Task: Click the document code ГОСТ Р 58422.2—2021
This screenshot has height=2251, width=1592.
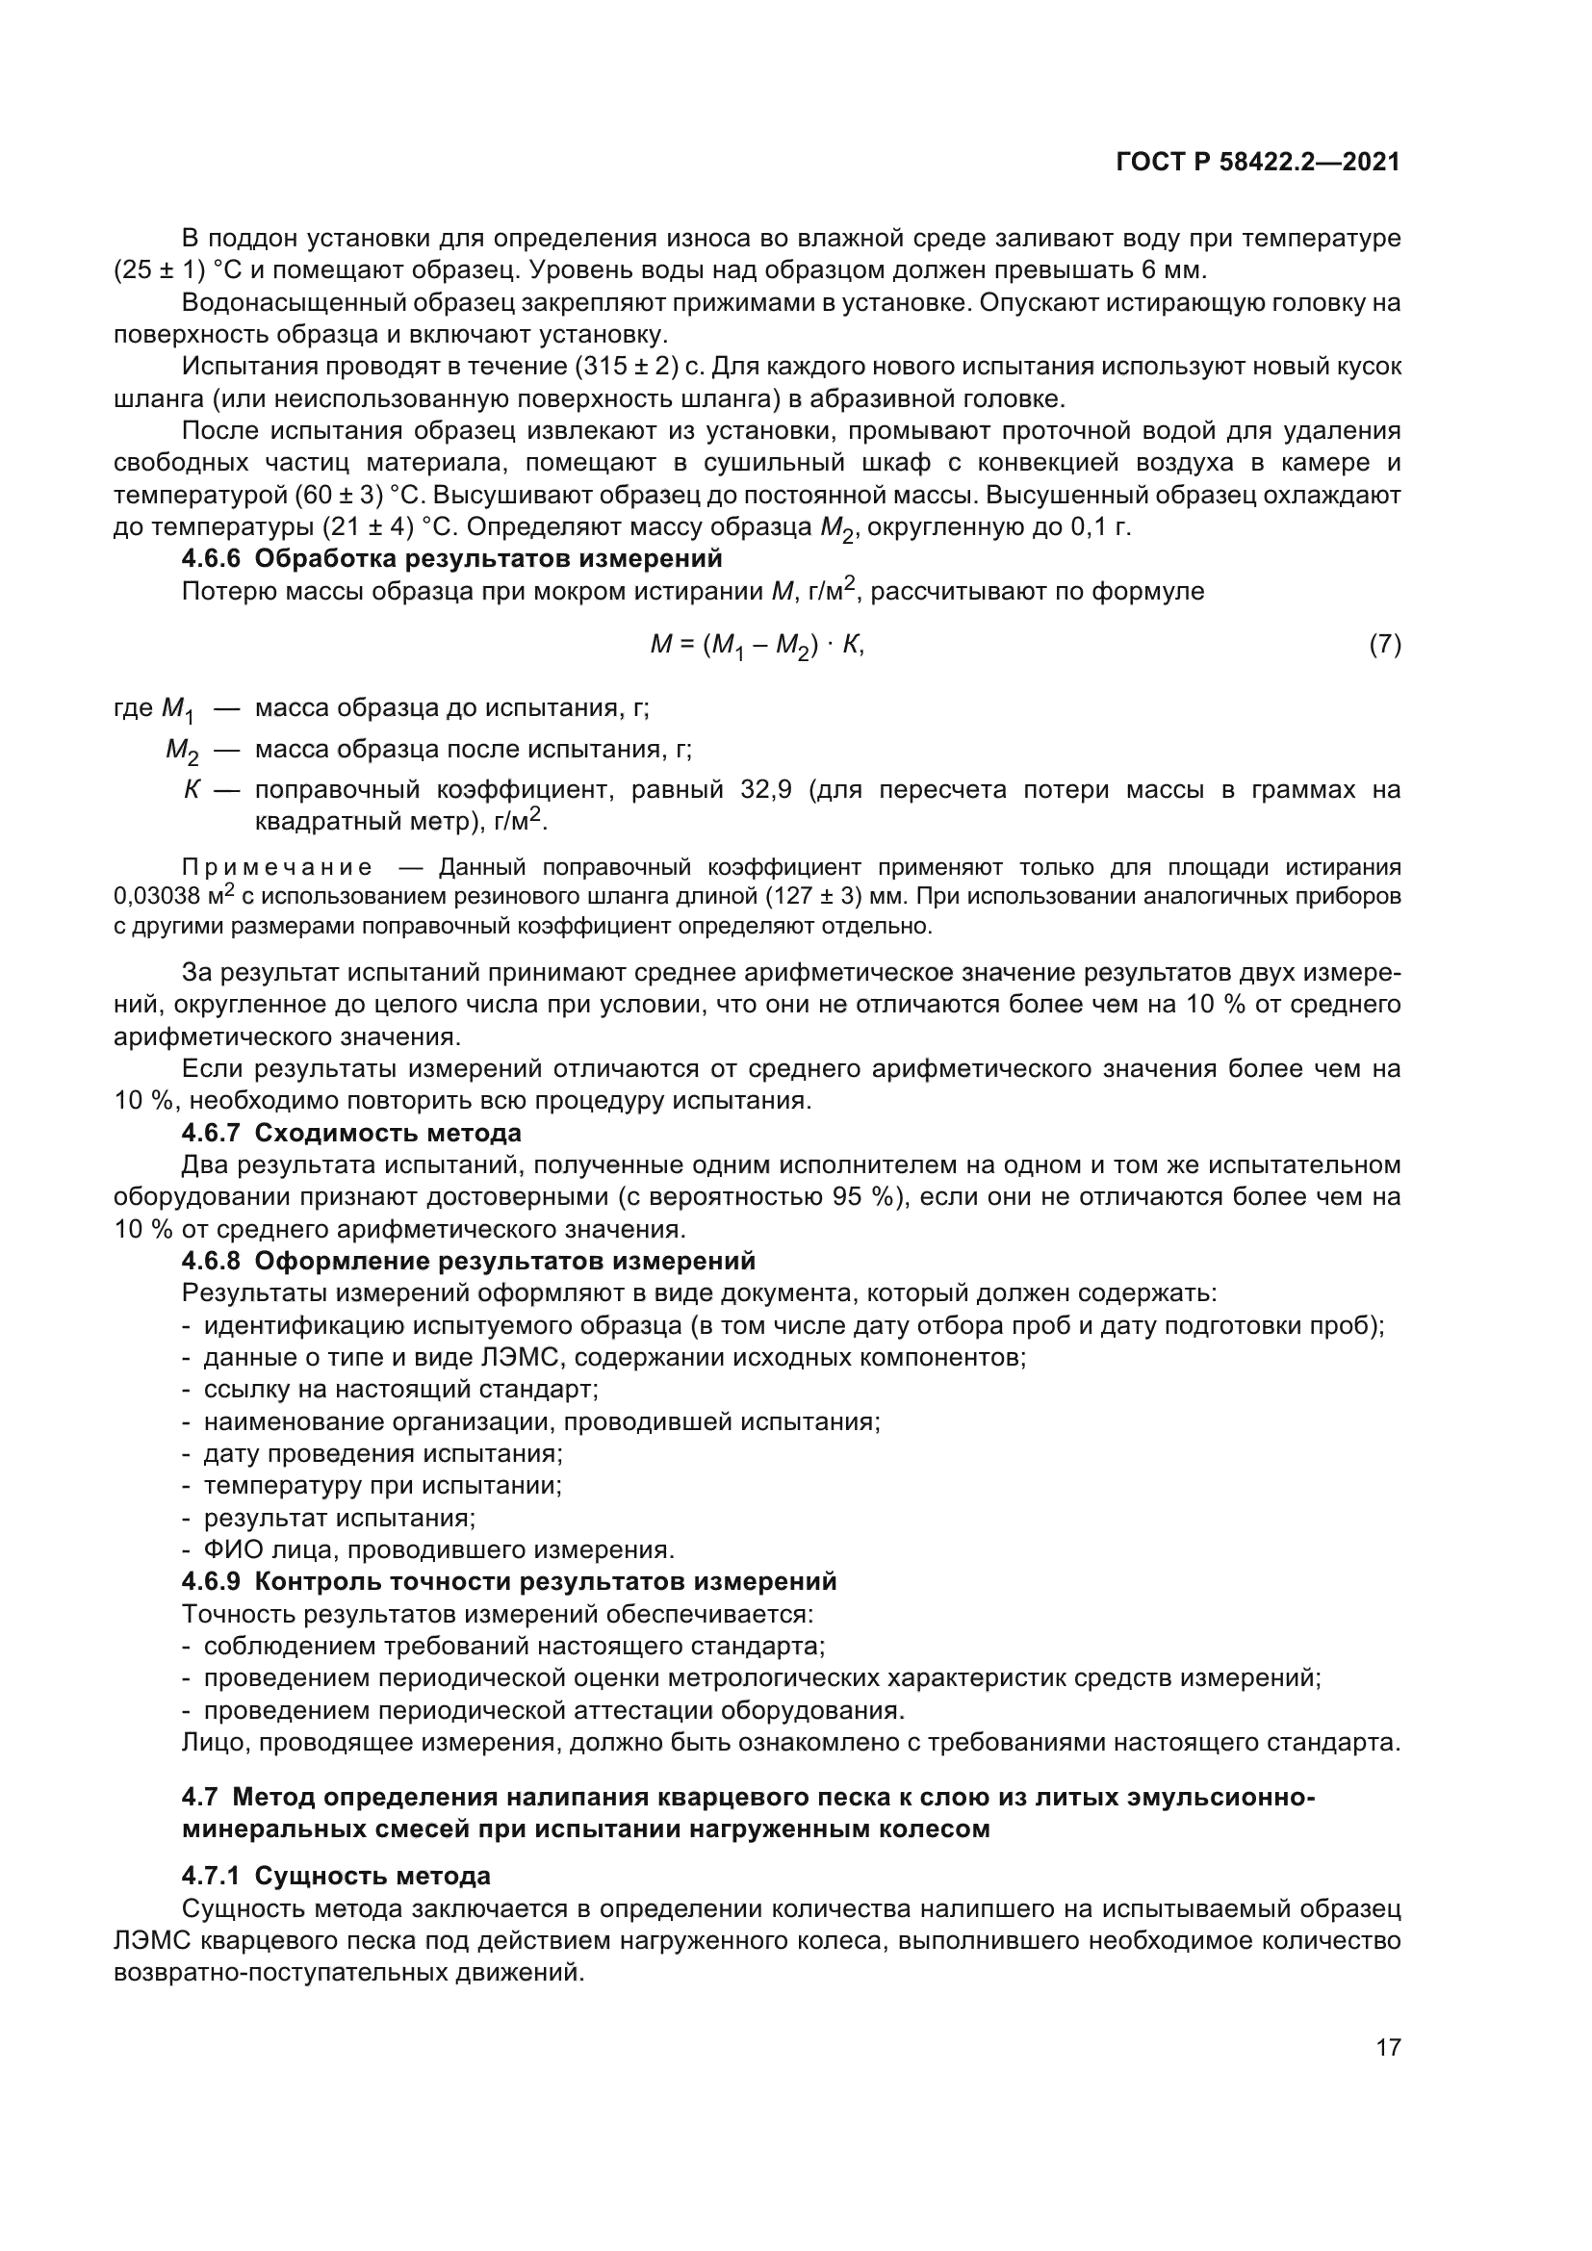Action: (1258, 163)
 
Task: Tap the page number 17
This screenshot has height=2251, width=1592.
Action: (1388, 2075)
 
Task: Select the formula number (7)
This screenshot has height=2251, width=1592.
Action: (1384, 645)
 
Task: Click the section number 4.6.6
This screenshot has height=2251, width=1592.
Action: (211, 559)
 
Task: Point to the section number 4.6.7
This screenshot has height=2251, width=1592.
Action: (211, 1134)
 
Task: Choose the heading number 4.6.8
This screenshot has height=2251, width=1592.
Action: (211, 1261)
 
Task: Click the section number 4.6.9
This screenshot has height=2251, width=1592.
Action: (211, 1581)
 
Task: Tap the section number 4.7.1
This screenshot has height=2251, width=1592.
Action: (211, 1877)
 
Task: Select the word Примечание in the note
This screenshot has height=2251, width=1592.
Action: (277, 868)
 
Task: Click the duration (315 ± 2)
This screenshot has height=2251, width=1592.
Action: (628, 367)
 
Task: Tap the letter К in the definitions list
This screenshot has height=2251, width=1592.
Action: (192, 790)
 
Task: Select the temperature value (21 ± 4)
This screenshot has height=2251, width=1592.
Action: (369, 527)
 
